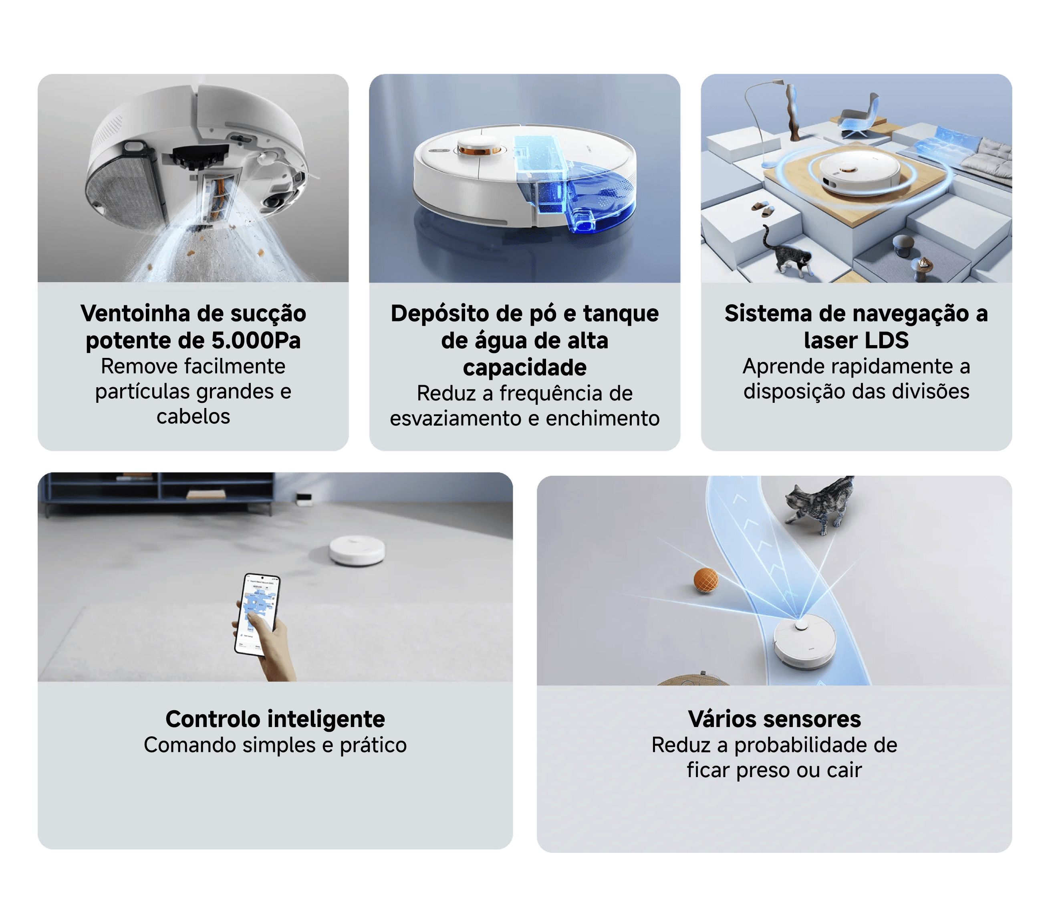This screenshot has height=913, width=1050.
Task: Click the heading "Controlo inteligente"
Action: click(275, 719)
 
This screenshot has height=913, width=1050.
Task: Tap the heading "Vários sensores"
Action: click(774, 719)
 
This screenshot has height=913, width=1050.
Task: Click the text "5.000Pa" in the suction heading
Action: click(256, 340)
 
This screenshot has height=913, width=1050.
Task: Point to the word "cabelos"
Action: click(193, 417)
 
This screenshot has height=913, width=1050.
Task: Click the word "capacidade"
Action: click(524, 368)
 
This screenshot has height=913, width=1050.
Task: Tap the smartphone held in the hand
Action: click(258, 614)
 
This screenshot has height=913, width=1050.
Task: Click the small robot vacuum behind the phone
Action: click(357, 551)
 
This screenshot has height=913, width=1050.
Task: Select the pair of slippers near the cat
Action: click(762, 209)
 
